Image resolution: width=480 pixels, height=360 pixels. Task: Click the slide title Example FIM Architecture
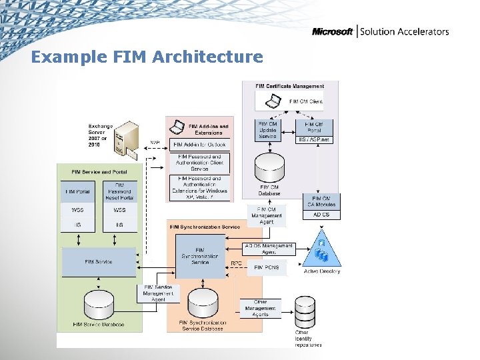[147, 57]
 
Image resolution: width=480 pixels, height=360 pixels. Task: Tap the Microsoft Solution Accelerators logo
[380, 31]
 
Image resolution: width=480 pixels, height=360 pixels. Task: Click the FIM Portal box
[78, 192]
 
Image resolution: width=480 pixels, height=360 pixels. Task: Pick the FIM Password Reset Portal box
[119, 192]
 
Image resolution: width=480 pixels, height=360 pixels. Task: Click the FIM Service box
[98, 262]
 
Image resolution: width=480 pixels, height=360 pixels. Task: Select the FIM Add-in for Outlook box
[199, 145]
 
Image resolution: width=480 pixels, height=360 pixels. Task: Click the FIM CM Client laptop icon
[273, 101]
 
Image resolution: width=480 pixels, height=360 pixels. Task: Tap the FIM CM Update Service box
[267, 130]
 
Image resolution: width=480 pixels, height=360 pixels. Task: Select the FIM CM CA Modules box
[321, 201]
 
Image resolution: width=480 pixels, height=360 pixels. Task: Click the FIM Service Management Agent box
[158, 293]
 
